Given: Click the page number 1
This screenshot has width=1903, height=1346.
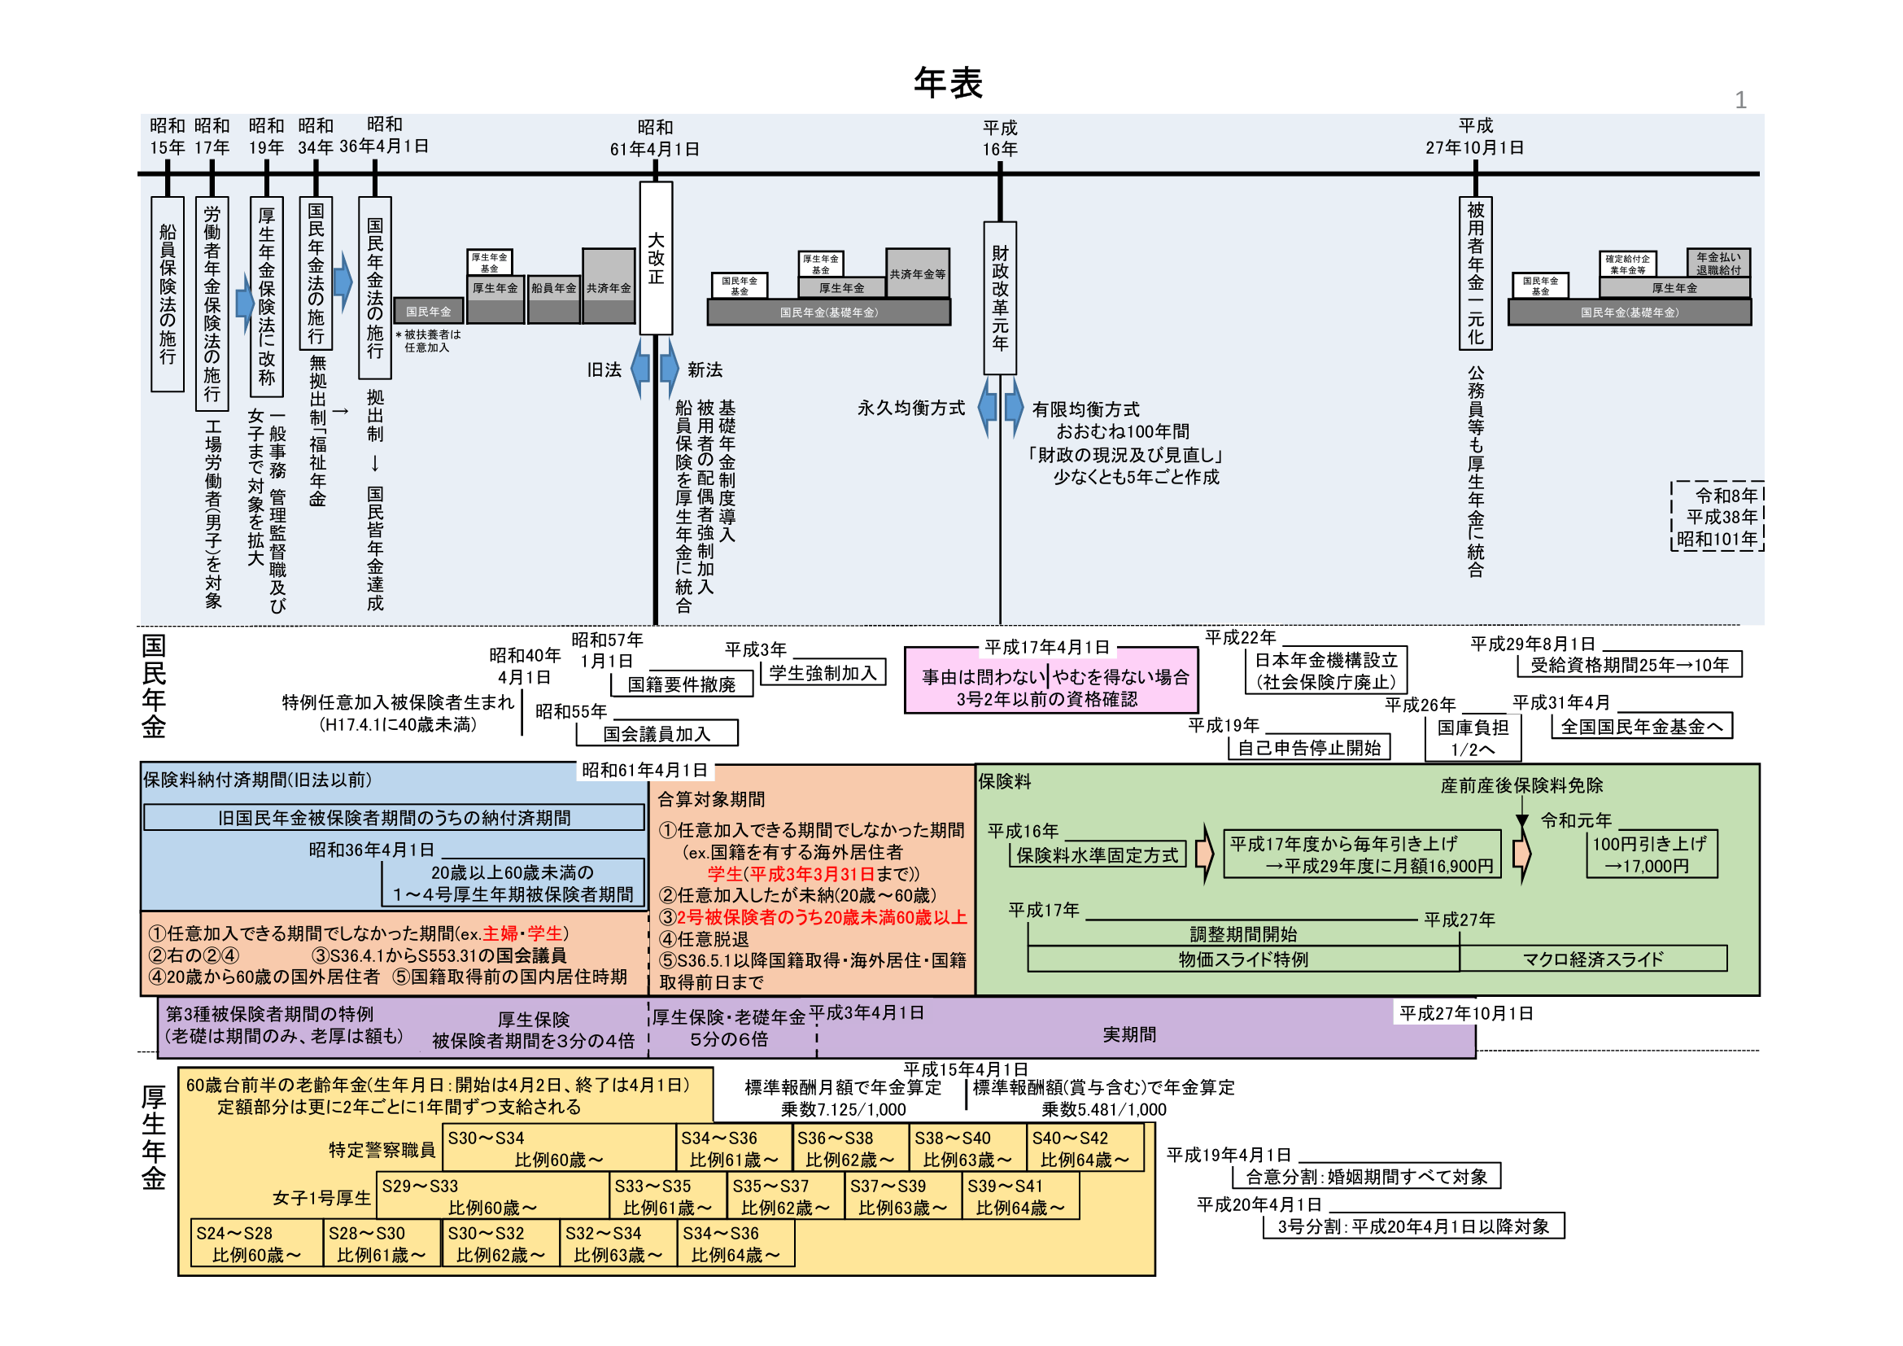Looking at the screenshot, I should (x=1740, y=100).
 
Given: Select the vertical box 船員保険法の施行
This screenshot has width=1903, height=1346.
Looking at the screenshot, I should (x=168, y=294).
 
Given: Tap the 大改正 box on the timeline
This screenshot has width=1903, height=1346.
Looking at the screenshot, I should (x=656, y=258).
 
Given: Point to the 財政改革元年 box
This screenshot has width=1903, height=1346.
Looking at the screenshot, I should (x=1000, y=298).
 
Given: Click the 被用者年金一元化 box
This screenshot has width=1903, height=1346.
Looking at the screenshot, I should (x=1475, y=273).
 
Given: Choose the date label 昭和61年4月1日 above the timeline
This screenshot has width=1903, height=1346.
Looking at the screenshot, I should (x=655, y=138).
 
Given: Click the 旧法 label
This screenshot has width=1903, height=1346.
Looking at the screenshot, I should (x=605, y=369).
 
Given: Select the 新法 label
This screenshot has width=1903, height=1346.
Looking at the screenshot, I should (x=705, y=369).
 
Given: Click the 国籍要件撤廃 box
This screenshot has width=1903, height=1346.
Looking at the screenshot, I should (x=681, y=684).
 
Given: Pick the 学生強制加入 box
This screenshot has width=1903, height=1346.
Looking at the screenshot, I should (x=823, y=673).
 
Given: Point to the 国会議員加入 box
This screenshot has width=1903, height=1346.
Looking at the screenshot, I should (x=657, y=733).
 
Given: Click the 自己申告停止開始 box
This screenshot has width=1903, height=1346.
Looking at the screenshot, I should (x=1309, y=748).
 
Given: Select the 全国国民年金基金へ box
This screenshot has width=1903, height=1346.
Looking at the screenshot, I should (x=1641, y=727).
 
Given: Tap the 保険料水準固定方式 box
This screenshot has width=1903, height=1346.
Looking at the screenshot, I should (x=1097, y=854).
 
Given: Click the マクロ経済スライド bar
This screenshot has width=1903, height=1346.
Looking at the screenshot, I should (x=1592, y=959).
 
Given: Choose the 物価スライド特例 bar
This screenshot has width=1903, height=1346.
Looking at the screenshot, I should (x=1243, y=959).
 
